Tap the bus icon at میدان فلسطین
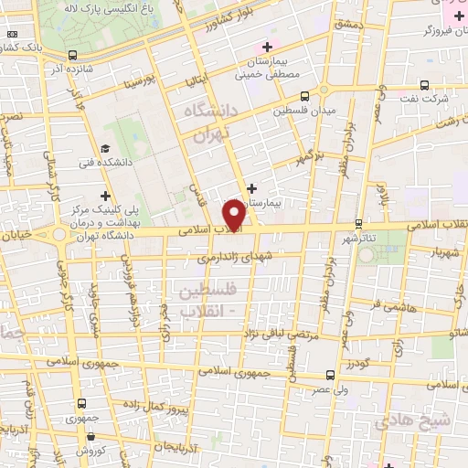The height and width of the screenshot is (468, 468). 304,95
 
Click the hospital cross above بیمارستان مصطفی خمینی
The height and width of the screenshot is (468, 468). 266,47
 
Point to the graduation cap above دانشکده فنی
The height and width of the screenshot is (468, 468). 105,149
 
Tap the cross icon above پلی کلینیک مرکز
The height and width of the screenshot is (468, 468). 106,195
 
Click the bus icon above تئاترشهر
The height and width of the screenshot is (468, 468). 359,223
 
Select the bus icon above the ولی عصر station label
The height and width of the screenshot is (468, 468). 330,374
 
